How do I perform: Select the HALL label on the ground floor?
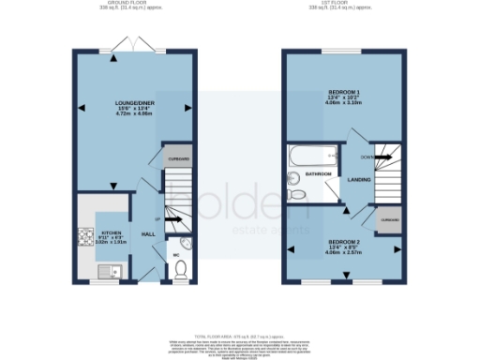tap(147, 233)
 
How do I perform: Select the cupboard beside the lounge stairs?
tap(178, 159)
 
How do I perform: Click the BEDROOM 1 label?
tap(344, 92)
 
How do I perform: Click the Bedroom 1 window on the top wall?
tap(344, 51)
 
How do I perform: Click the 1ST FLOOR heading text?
tap(344, 3)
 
